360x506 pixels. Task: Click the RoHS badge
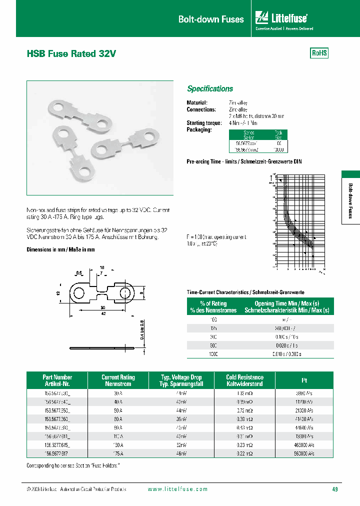point(319,53)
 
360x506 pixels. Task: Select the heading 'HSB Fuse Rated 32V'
point(71,54)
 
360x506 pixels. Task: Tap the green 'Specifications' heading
point(210,88)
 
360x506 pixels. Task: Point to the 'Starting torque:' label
point(204,122)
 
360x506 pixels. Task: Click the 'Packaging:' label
point(199,129)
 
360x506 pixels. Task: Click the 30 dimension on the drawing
point(102,307)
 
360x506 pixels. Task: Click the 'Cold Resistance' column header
point(244,380)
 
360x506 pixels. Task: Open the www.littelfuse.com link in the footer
point(177,489)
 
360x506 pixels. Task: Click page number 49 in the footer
point(334,489)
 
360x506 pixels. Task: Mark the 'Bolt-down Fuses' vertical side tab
point(350,199)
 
